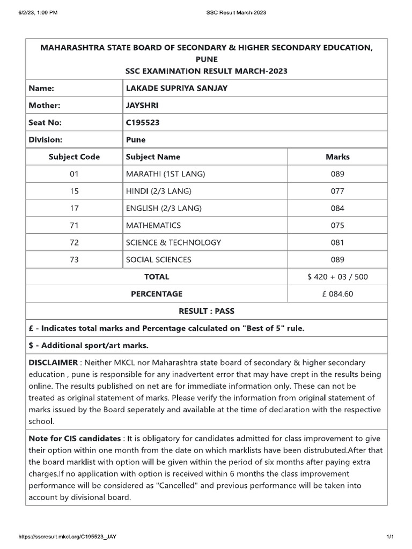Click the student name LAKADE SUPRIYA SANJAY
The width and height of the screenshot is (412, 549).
tap(176, 88)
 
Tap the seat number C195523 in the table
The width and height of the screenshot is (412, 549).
tap(142, 122)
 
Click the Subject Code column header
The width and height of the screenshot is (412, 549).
tap(74, 157)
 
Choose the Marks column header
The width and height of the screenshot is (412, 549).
tap(337, 157)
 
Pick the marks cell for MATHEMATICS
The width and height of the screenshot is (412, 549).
tap(337, 225)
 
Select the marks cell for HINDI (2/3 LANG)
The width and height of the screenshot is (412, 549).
tap(337, 191)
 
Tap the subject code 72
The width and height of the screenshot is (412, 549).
tap(74, 242)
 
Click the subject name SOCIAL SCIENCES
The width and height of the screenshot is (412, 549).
tap(158, 259)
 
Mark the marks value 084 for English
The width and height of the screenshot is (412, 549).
tap(337, 208)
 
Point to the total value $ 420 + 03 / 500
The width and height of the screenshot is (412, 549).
tap(337, 277)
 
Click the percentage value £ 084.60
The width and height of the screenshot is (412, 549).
tap(337, 294)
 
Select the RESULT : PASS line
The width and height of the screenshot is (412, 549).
tap(206, 311)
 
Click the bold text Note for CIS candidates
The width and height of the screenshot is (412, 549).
tap(75, 438)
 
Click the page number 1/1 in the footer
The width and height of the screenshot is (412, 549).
tap(390, 537)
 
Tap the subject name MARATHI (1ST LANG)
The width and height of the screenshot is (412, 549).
tap(165, 174)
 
